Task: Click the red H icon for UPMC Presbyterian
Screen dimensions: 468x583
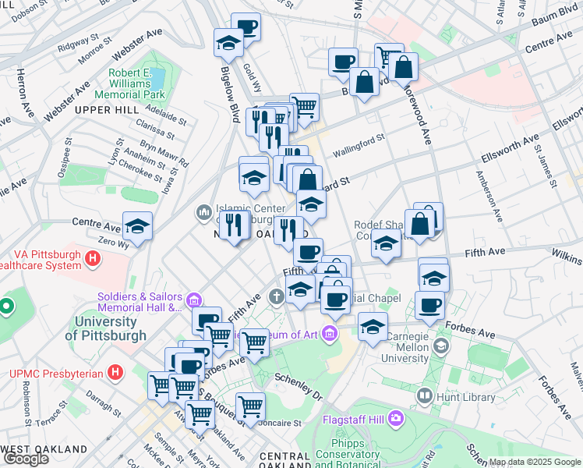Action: (x=116, y=373)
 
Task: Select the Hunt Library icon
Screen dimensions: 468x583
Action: (x=425, y=396)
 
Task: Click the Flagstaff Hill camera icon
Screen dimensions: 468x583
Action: (x=397, y=419)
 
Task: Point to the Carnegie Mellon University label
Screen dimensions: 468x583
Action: (x=405, y=346)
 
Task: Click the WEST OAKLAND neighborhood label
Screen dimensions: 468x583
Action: (x=45, y=449)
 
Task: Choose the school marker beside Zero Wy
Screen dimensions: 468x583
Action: (x=137, y=225)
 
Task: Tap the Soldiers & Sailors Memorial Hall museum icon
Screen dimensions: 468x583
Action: (x=194, y=299)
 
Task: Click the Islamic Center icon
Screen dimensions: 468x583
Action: (x=203, y=211)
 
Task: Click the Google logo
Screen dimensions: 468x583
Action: (x=26, y=459)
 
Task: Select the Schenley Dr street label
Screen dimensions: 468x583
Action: (x=298, y=385)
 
